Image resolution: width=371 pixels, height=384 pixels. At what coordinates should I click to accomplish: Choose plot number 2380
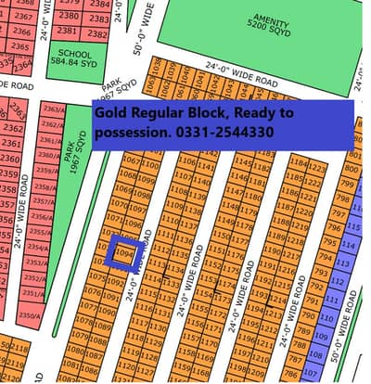pos(68,16)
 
